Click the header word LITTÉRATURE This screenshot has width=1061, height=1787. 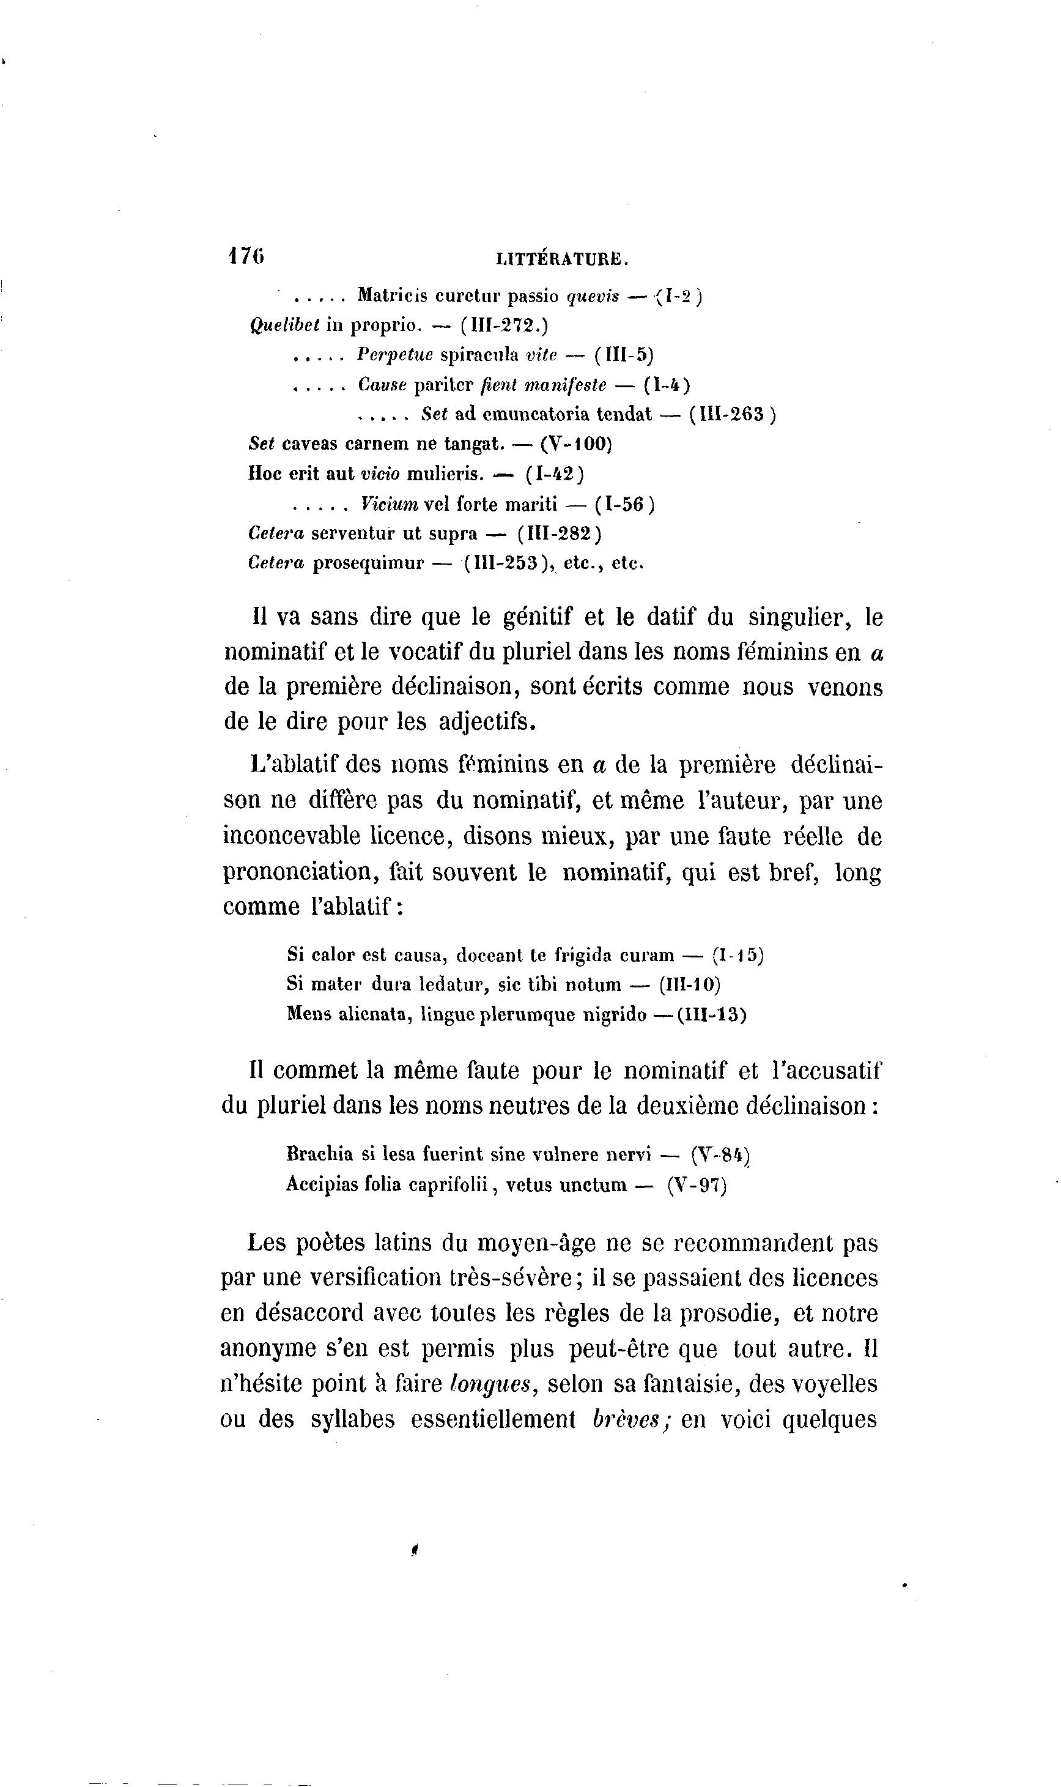coord(562,260)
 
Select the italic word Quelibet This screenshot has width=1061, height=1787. coord(284,325)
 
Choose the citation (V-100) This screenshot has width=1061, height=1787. coord(576,444)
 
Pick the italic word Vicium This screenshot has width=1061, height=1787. coord(390,504)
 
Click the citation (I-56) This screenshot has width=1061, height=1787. coord(624,504)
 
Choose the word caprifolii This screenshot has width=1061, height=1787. coord(447,1185)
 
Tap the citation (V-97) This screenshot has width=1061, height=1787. coord(697,1185)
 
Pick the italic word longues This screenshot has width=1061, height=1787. coord(493,1384)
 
